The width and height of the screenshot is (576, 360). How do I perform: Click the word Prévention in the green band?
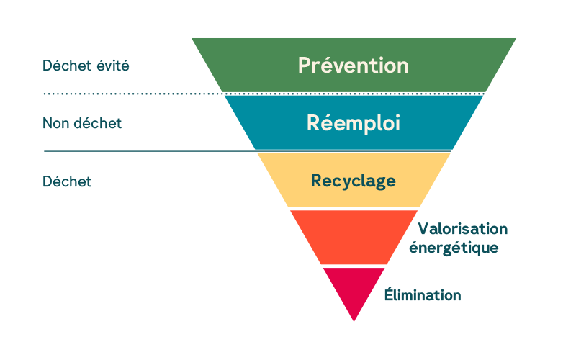coord(354,66)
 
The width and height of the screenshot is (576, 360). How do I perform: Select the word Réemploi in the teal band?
coord(354,122)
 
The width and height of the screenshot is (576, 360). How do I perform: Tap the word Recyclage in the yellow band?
coord(354,180)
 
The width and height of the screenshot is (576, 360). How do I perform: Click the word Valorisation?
coord(463,229)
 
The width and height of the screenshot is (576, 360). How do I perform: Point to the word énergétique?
coord(454,247)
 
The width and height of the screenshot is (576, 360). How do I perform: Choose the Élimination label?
coord(422,295)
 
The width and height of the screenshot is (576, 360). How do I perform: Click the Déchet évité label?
coord(86,66)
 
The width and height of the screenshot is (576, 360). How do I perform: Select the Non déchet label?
coord(82,123)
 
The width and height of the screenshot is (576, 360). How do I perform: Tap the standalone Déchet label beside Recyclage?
coord(67,181)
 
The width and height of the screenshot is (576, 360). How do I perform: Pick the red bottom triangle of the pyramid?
coord(354,288)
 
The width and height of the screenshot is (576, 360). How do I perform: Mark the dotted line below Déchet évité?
coord(130,94)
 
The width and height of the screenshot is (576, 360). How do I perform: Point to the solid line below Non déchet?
coord(144,151)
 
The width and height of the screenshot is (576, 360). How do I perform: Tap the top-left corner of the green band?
coord(192,38)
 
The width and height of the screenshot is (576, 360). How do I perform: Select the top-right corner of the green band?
coord(516,38)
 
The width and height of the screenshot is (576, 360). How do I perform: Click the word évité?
coord(114,66)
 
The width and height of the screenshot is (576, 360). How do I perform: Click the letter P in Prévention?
coord(305,66)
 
